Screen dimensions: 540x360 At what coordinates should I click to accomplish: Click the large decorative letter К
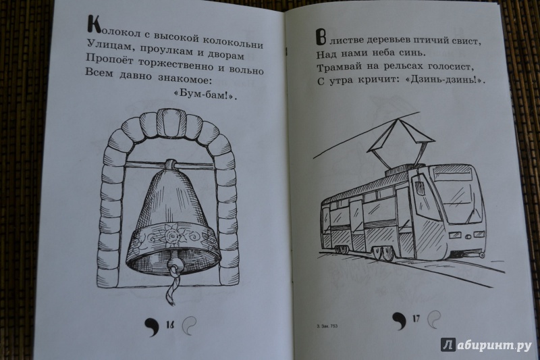point(92,26)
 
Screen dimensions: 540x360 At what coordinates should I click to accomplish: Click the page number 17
point(416,318)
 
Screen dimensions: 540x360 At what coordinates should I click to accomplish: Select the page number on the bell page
point(170,325)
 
